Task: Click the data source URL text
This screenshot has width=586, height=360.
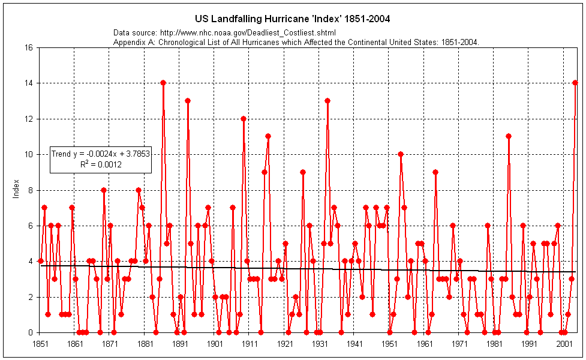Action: (x=224, y=32)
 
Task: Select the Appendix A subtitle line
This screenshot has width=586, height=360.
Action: (x=296, y=41)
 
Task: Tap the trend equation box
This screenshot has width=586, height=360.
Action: (x=100, y=159)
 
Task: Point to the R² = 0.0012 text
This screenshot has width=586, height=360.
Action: (x=101, y=164)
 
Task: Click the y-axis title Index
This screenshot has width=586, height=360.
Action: (x=16, y=190)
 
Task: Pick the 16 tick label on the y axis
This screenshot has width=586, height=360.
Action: (x=28, y=47)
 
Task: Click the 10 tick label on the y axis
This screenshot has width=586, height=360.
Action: (x=28, y=154)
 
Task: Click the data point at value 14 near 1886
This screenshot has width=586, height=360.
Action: (x=163, y=83)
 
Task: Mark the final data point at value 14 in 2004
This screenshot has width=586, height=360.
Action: (x=575, y=83)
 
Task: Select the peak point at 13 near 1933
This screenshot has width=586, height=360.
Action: (x=327, y=101)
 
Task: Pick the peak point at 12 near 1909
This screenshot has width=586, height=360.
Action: (x=244, y=119)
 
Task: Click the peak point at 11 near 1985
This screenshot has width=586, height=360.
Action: (x=509, y=136)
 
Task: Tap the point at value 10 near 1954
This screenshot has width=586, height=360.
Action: (x=401, y=154)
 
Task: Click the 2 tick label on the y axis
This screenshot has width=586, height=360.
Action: (x=30, y=296)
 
